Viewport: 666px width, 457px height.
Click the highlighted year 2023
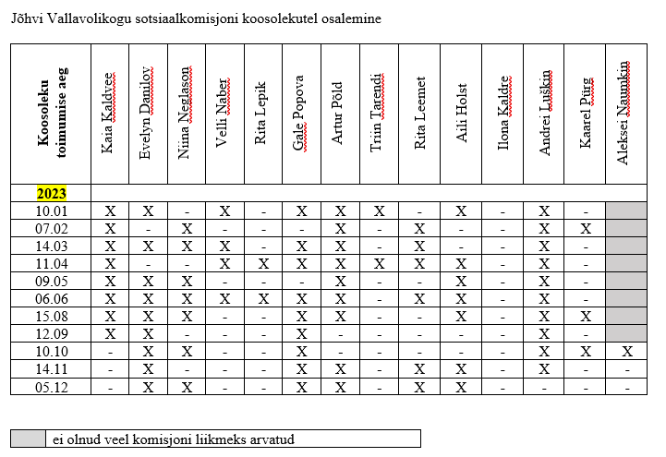click(x=51, y=194)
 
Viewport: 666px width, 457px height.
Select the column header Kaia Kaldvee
click(x=109, y=113)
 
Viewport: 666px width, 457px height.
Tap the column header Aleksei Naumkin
click(x=624, y=114)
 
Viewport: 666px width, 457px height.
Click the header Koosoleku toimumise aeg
click(x=51, y=114)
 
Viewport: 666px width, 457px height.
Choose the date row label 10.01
click(x=51, y=210)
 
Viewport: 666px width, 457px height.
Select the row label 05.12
click(x=51, y=386)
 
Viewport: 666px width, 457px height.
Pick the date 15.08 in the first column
click(x=51, y=316)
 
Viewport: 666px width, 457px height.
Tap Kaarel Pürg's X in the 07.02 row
click(x=586, y=228)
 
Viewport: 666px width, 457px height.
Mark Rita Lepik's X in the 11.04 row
click(x=263, y=263)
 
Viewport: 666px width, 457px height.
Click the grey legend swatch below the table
click(x=28, y=439)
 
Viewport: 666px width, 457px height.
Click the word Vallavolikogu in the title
click(x=89, y=18)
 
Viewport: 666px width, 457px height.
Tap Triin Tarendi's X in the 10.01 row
click(x=380, y=210)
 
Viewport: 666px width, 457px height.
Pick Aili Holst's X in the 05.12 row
click(x=462, y=386)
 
